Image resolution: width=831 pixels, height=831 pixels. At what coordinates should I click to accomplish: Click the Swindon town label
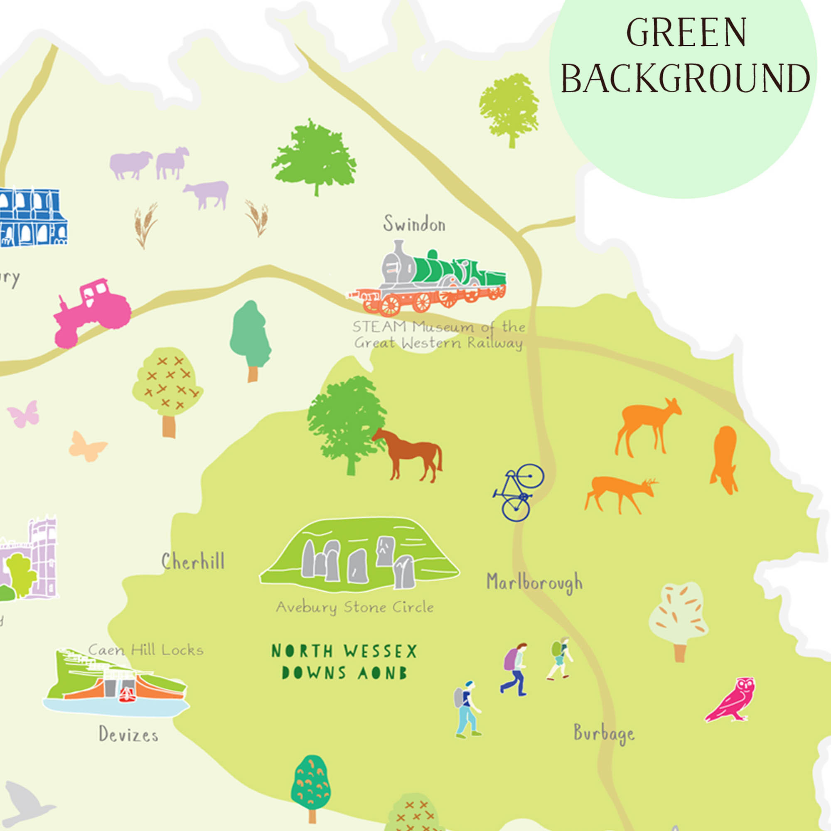click(x=414, y=224)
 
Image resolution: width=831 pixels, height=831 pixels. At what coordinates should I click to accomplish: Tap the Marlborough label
click(x=534, y=583)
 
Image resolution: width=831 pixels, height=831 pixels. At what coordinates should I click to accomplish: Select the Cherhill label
click(x=193, y=561)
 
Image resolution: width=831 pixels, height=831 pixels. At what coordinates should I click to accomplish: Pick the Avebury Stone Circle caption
click(x=355, y=607)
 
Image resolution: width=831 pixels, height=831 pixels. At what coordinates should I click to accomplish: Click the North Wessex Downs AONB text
click(x=344, y=662)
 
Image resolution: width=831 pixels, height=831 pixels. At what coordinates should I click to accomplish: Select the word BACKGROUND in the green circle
click(x=685, y=79)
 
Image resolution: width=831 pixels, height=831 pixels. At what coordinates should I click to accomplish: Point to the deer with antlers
click(x=620, y=493)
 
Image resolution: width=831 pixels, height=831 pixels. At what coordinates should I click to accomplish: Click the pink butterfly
click(x=24, y=414)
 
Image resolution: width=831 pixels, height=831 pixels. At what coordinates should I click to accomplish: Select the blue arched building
click(x=32, y=217)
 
